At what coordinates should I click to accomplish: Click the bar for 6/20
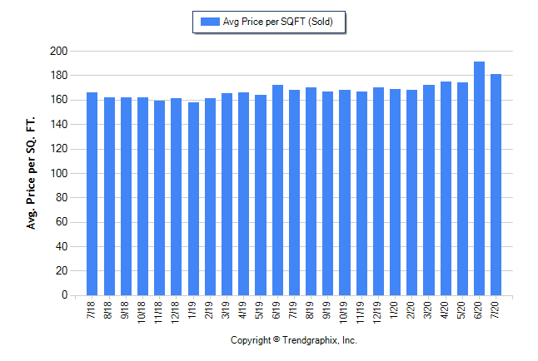(x=479, y=178)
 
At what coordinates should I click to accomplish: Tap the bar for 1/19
(x=193, y=199)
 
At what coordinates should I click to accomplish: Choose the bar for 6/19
(x=277, y=190)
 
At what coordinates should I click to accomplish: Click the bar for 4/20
(x=446, y=189)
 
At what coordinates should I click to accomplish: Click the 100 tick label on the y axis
(x=57, y=174)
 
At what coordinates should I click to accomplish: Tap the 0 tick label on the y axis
(x=62, y=295)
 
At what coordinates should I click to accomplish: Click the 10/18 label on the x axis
(x=143, y=311)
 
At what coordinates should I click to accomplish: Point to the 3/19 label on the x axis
(x=227, y=309)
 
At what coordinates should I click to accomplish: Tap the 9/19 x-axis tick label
(x=328, y=309)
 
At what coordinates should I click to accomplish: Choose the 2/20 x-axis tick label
(x=412, y=309)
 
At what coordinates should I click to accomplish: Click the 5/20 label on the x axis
(x=462, y=309)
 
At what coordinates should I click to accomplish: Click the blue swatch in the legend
(x=207, y=22)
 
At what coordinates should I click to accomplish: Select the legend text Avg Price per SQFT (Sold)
(x=279, y=22)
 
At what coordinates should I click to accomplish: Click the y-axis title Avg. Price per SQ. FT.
(x=32, y=173)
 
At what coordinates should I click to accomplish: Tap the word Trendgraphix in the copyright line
(x=310, y=340)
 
